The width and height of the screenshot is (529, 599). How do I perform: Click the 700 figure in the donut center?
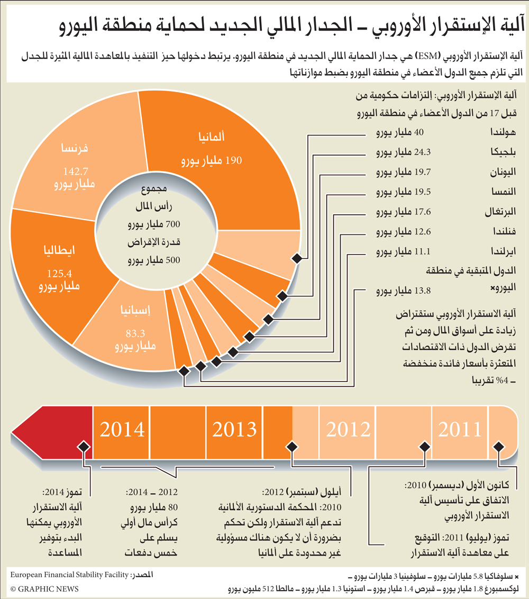pos(172,224)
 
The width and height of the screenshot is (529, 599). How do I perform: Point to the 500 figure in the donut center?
pos(172,260)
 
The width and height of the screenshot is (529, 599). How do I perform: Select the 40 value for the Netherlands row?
pos(418,133)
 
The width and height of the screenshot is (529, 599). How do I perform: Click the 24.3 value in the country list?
pos(423,152)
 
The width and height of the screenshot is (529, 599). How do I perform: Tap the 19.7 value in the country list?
pos(423,173)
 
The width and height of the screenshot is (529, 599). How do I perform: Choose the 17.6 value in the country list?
pos(423,212)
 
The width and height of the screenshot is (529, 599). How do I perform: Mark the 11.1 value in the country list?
pos(423,251)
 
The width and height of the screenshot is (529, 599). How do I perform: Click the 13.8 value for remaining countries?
pos(423,291)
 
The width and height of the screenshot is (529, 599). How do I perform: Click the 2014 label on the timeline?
pos(122,429)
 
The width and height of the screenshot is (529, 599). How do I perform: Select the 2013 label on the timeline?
pos(234,429)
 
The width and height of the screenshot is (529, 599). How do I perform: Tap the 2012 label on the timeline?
pos(348,429)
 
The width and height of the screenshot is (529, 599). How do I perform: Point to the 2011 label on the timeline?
pos(460,429)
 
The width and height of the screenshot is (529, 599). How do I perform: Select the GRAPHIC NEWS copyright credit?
pos(44,589)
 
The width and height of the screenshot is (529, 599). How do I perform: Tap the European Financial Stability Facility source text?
pos(69,575)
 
